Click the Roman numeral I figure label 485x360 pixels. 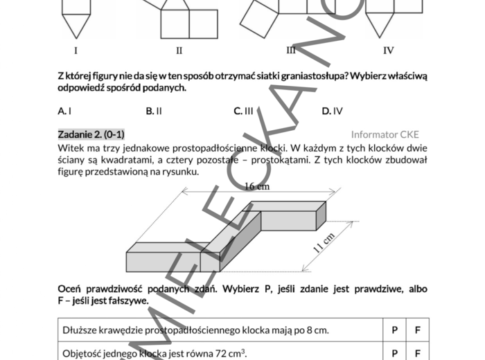point(76,50)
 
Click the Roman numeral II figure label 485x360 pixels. point(179,50)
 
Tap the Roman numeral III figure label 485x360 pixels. point(291,50)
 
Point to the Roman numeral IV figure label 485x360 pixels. point(389,50)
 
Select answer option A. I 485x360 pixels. point(65,110)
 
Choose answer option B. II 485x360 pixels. point(154,110)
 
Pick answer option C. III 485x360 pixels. point(243,110)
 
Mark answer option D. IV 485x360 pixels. point(332,110)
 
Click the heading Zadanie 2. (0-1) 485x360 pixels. point(91,134)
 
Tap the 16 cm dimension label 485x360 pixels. point(257,186)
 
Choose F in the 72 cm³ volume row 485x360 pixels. point(417,353)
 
